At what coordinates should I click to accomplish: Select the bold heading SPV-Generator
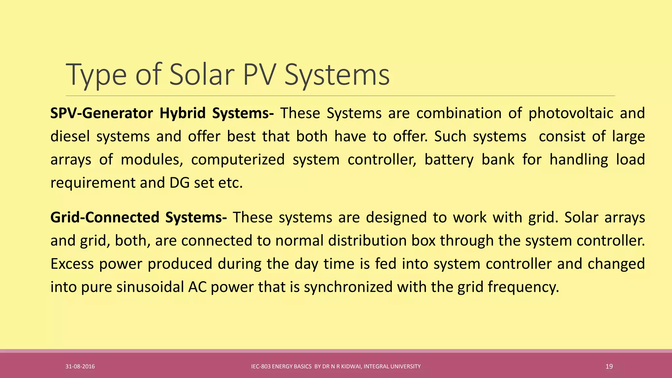click(101, 113)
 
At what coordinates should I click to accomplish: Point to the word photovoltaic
click(571, 114)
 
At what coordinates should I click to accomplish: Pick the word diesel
click(70, 136)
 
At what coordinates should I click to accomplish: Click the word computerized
click(238, 160)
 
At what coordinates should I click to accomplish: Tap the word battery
click(449, 160)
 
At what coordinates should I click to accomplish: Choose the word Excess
click(72, 264)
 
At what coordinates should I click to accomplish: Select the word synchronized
click(348, 287)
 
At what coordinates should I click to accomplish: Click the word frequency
click(523, 287)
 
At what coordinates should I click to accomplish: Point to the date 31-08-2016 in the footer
click(80, 367)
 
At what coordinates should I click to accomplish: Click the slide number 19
click(609, 367)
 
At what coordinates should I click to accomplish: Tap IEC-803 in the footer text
click(261, 367)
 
